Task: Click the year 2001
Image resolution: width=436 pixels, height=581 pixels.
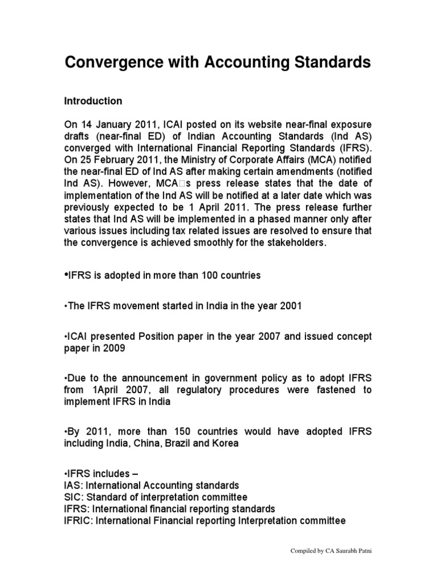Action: point(290,306)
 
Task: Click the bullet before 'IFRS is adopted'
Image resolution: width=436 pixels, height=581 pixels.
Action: point(65,275)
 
